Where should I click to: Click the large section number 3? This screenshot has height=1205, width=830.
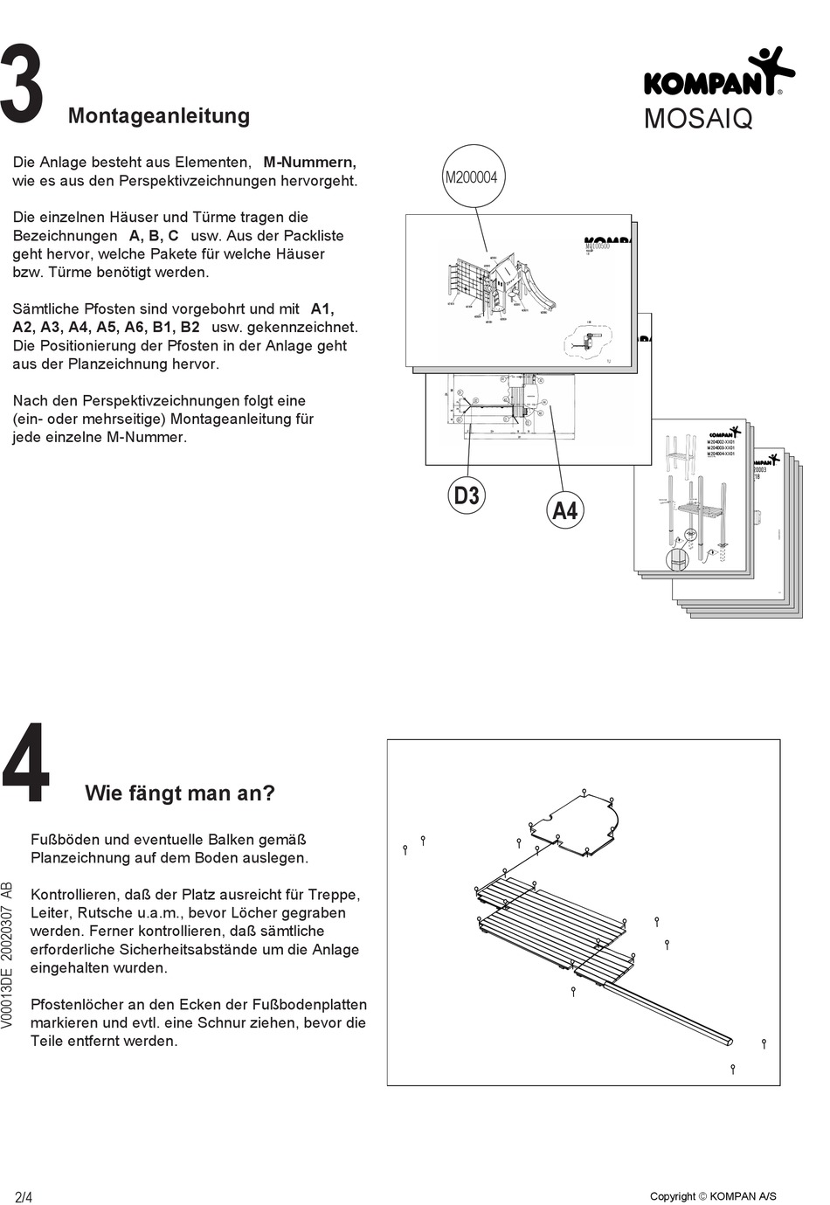(22, 84)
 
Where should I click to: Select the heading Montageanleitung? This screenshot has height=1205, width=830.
(158, 115)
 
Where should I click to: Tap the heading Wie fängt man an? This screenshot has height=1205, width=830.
(179, 793)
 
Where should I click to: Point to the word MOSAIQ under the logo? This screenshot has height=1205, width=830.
(697, 120)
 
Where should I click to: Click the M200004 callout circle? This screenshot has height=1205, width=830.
(471, 177)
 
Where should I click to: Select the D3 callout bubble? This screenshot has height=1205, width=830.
(467, 495)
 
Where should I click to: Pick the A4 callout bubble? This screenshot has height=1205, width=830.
(565, 510)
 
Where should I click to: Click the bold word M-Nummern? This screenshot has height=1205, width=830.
(309, 163)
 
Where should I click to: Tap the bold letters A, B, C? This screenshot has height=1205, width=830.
(154, 236)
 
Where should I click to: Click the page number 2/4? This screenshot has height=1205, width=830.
(24, 1196)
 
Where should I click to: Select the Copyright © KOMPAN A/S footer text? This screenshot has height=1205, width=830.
(713, 1196)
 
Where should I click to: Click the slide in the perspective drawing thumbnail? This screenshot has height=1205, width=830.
(542, 292)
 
